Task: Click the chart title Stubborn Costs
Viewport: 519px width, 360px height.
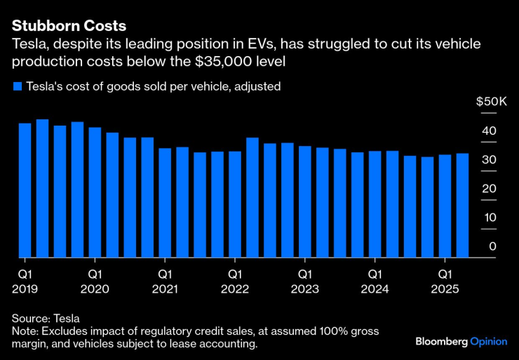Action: click(x=69, y=26)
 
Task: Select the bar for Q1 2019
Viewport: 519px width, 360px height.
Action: click(x=25, y=190)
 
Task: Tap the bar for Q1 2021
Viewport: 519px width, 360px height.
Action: click(x=165, y=203)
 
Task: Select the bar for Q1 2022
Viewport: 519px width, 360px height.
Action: click(x=235, y=204)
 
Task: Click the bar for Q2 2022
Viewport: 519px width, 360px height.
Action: click(x=252, y=197)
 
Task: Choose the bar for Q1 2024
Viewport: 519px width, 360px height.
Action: click(x=375, y=204)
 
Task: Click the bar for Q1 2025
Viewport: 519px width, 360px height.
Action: click(x=445, y=206)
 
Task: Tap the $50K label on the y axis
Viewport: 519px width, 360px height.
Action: click(x=491, y=102)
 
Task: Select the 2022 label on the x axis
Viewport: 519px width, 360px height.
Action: click(x=235, y=288)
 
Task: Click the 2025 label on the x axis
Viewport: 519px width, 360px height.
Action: click(x=445, y=288)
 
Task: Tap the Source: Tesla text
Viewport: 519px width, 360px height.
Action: click(x=45, y=318)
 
